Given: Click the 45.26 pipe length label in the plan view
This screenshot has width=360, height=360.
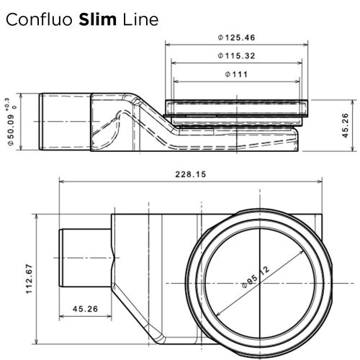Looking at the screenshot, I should (x=85, y=310).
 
